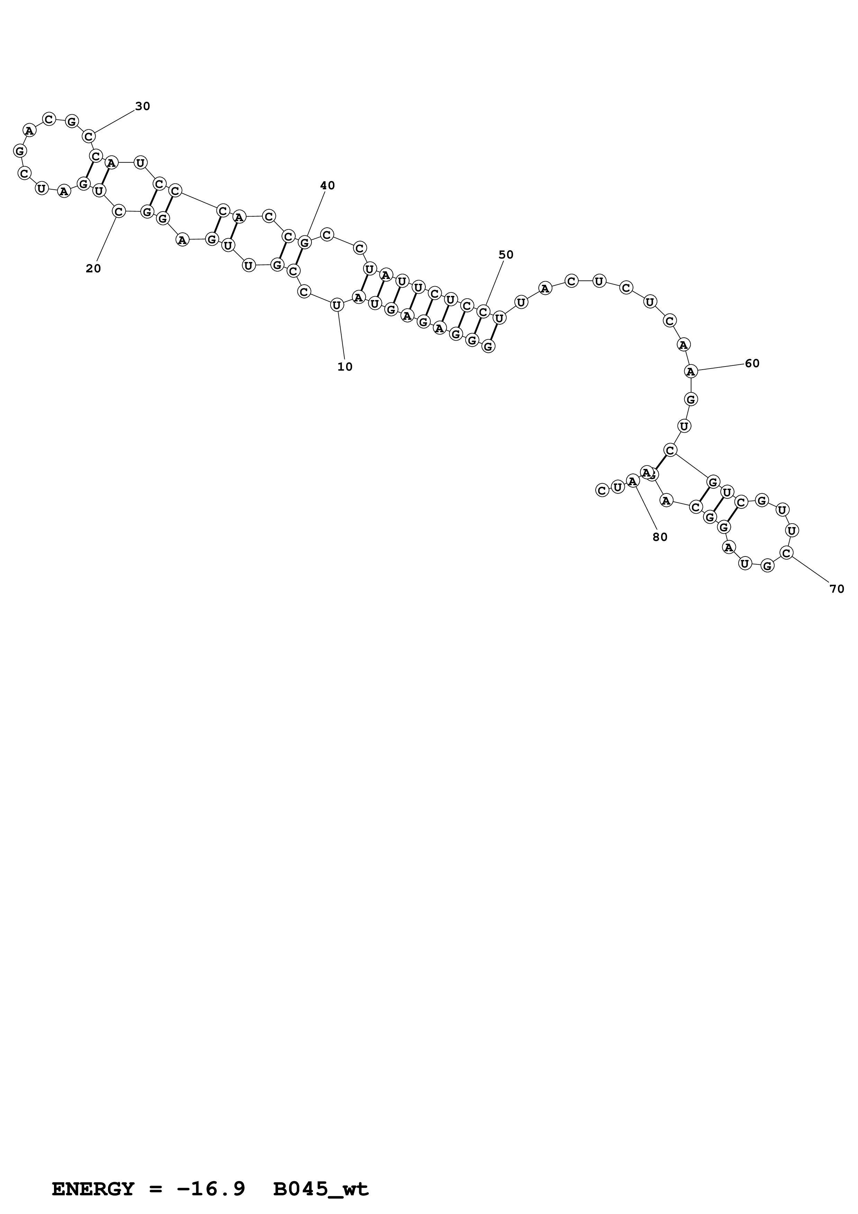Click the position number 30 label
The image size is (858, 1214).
[143, 106]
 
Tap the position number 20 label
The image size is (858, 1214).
[93, 269]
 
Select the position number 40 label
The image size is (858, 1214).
[327, 185]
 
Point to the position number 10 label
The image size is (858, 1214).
[345, 367]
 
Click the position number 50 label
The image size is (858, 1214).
[506, 255]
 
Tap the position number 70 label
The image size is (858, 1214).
[837, 589]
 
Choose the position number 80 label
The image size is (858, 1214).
[660, 537]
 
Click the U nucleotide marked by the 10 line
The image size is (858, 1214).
[337, 305]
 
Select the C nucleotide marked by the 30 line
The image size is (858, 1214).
[89, 136]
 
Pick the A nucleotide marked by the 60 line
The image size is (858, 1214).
[690, 371]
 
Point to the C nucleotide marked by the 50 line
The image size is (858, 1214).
[483, 312]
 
